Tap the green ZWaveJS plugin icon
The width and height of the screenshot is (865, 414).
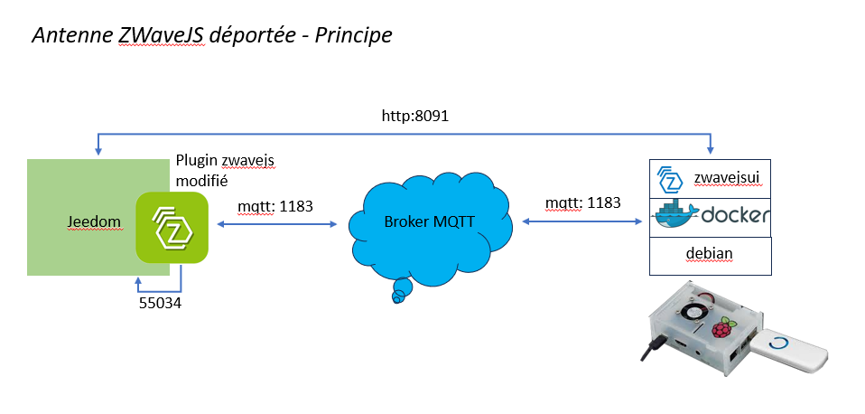coord(172,228)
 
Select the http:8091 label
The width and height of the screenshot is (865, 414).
coord(415,117)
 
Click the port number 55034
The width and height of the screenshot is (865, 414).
coord(161,304)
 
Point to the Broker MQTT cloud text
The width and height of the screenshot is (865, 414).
coord(428,222)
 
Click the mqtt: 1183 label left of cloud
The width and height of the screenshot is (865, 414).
coord(275,206)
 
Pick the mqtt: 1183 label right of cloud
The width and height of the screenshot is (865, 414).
coord(582,202)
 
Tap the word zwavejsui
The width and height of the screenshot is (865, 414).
coord(728,178)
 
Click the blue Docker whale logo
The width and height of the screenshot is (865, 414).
coord(674,215)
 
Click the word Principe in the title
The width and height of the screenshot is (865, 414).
coord(353,36)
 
